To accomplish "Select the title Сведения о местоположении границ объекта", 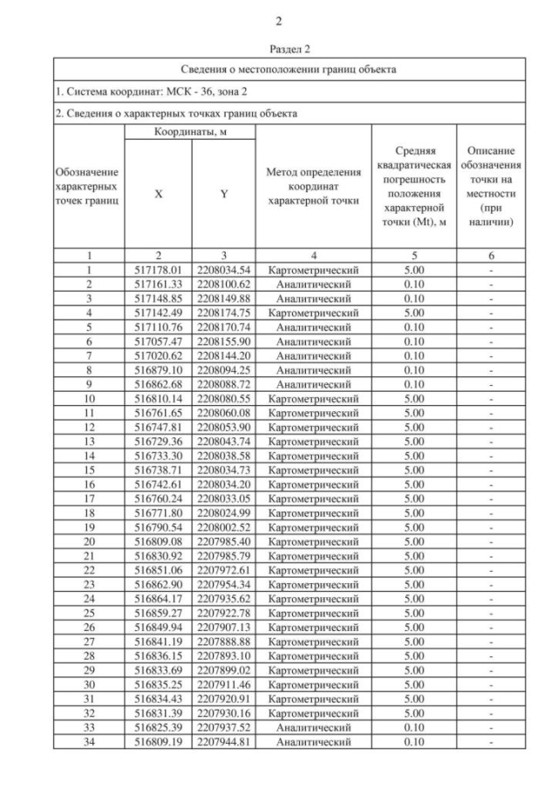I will coord(289,69).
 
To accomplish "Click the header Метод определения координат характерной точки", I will coord(313,187).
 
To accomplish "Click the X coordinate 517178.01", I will coord(158,270).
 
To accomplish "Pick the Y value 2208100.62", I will coord(223,285).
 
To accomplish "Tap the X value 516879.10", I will coord(158,369).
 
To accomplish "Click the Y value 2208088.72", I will coord(223,384).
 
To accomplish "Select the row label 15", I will coord(89,470).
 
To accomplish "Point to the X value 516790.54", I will coord(158,527).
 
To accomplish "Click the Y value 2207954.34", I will coord(223,584).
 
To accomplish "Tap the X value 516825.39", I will coord(158,727).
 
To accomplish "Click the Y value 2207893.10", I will coord(223,656).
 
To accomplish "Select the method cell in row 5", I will coord(313,326).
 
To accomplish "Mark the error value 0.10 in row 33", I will coord(414,727).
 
